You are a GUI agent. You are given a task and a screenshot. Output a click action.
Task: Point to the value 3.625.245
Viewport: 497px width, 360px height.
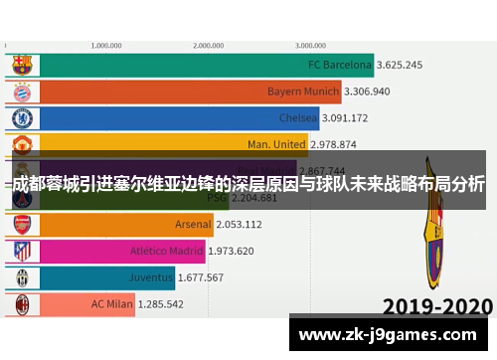point(400,66)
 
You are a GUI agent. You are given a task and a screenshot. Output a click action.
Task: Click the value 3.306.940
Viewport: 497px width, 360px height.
point(368,91)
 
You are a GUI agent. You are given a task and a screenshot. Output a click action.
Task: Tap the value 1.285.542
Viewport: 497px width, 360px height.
point(161,303)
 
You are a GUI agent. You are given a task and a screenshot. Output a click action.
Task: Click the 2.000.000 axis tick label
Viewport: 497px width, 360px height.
point(208,45)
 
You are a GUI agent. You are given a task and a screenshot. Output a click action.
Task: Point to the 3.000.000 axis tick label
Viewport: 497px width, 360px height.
point(310,45)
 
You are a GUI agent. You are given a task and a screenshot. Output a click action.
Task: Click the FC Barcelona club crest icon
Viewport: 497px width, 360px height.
point(21,66)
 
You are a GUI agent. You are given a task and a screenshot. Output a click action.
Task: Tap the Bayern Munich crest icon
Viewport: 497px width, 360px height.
point(21,91)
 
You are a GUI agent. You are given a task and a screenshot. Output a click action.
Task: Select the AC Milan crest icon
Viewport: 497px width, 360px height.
point(21,303)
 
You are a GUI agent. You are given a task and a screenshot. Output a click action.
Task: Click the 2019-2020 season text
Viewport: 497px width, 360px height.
point(437,305)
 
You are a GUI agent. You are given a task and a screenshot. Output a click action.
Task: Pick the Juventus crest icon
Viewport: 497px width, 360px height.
point(21,277)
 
